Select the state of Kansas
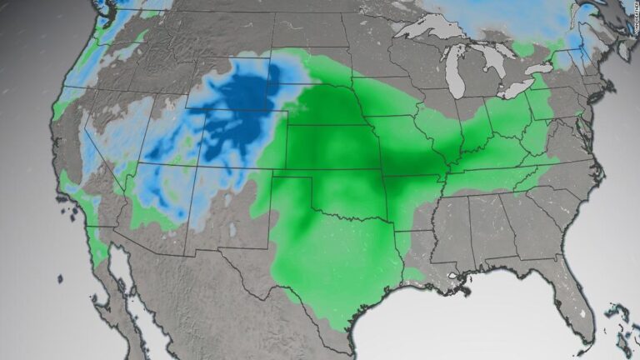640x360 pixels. coord(329,150)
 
